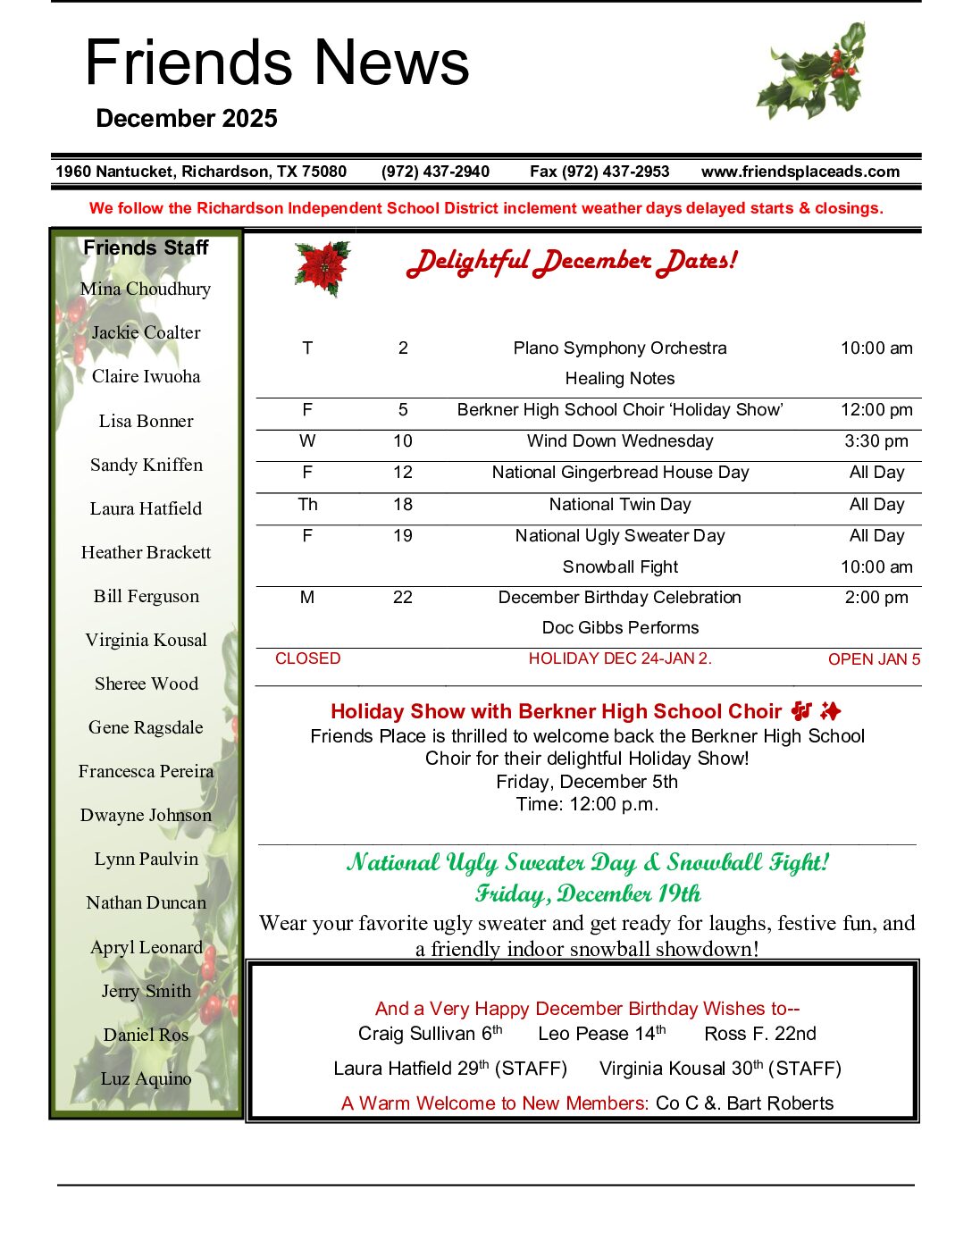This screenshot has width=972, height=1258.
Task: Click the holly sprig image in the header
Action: pos(812,72)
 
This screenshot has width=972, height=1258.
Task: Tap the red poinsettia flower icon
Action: pos(322,266)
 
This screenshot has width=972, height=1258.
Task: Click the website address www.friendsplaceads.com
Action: pos(800,172)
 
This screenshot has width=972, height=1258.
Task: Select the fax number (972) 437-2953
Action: pos(599,172)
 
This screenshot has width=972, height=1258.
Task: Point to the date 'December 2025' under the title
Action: pos(186,119)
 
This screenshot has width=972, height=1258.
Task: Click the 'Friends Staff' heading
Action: pos(146,247)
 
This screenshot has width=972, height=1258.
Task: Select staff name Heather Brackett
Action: pos(146,552)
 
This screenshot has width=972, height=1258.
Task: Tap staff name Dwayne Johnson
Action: pos(146,815)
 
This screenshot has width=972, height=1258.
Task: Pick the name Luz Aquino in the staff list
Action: pos(146,1078)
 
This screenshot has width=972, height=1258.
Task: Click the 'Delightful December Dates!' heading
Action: pos(572,261)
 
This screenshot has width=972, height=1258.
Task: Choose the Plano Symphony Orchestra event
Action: pos(620,348)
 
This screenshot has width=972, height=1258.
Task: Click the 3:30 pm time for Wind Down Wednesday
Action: pos(876,440)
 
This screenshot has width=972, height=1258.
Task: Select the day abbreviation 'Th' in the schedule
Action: pos(307,504)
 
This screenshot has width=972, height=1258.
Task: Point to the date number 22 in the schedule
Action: pos(403,597)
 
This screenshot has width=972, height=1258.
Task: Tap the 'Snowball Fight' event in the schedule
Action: pos(620,566)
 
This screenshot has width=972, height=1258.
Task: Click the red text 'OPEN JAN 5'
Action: pos(874,659)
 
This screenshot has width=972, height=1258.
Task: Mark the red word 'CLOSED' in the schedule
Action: pos(307,658)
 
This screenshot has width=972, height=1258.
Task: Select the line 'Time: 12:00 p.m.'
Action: pos(587,804)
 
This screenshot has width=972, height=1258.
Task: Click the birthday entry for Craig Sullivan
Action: pos(430,1034)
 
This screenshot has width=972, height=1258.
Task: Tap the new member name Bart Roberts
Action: pos(780,1103)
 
